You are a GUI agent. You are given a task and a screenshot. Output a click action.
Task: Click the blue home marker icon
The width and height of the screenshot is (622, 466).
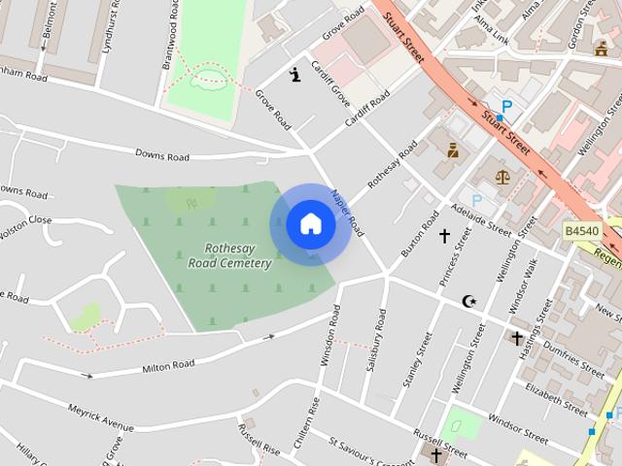point(310,224)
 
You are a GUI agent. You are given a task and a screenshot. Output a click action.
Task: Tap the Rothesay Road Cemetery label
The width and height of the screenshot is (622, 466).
point(229,255)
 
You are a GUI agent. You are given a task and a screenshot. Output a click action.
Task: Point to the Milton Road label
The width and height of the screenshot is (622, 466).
point(169,366)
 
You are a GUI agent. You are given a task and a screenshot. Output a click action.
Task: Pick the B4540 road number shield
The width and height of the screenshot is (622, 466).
point(582,231)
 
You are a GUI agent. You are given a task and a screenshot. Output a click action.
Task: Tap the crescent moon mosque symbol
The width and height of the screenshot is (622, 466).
point(469,301)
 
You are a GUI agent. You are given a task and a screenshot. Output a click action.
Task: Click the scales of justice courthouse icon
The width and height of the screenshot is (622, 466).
point(502,177)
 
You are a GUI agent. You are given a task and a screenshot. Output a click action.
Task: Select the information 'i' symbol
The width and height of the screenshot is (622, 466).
point(295,73)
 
